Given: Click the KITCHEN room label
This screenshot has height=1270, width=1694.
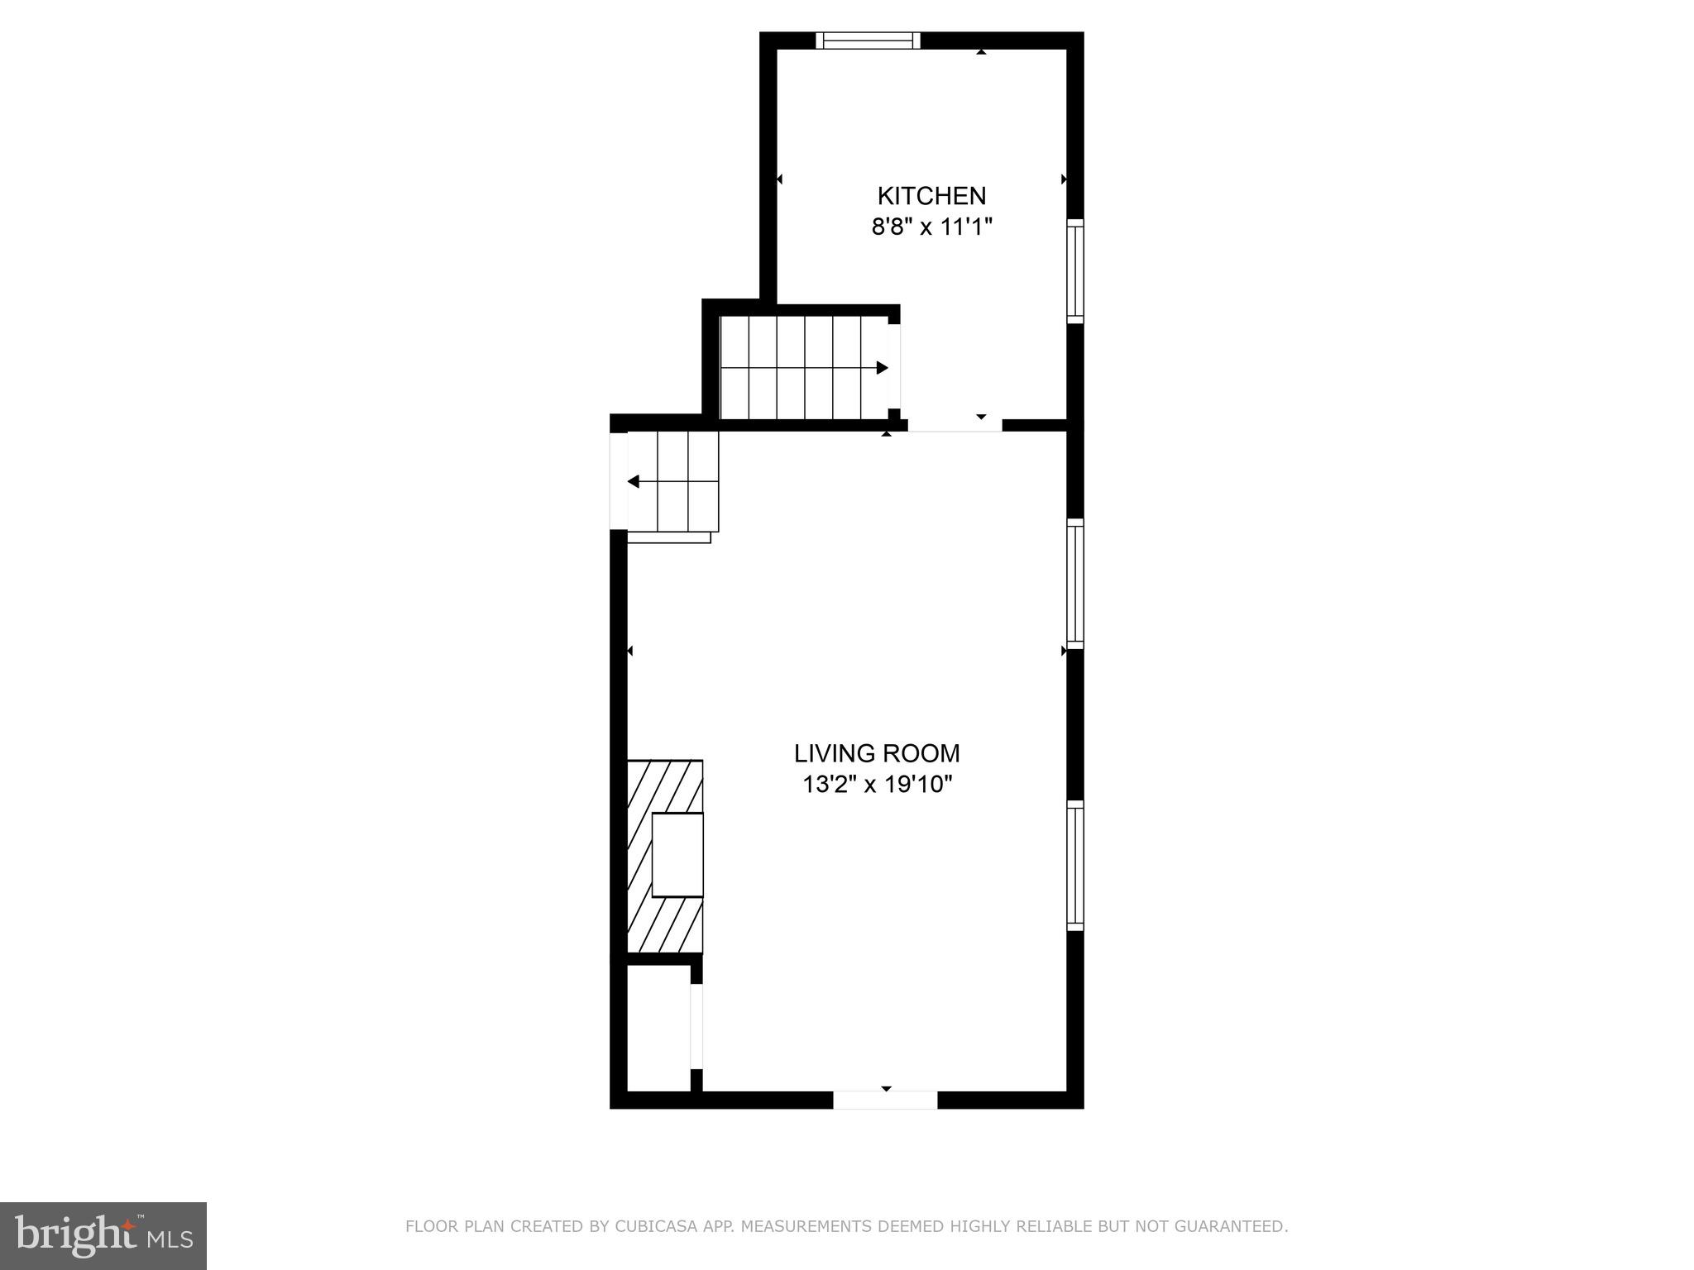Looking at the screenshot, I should pyautogui.click(x=931, y=196).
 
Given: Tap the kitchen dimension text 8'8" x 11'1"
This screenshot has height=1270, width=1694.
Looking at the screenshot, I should pyautogui.click(x=931, y=227).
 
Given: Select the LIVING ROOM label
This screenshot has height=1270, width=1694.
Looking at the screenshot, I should pyautogui.click(x=877, y=753).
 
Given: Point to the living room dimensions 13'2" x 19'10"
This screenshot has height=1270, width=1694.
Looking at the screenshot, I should pyautogui.click(x=877, y=784).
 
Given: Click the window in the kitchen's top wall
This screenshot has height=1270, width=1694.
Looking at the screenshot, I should pyautogui.click(x=868, y=41).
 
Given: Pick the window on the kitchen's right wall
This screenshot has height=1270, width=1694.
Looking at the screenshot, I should pyautogui.click(x=1075, y=270).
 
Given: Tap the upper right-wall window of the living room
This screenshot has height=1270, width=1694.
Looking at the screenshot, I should pyautogui.click(x=1075, y=584).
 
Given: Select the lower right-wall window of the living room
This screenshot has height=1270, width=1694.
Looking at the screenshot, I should pyautogui.click(x=1075, y=865).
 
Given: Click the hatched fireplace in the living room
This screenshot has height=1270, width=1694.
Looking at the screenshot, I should pyautogui.click(x=665, y=856).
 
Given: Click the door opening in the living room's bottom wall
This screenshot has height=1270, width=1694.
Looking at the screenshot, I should pyautogui.click(x=885, y=1100).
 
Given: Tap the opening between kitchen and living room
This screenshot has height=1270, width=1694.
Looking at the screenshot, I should pyautogui.click(x=955, y=425).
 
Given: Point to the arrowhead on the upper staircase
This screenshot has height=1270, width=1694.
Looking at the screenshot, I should pyautogui.click(x=882, y=368).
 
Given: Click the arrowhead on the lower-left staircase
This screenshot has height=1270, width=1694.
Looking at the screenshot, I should pyautogui.click(x=634, y=481).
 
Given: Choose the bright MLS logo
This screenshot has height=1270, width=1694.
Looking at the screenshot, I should pyautogui.click(x=103, y=1235).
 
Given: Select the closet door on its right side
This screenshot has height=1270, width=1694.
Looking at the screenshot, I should pyautogui.click(x=696, y=1026).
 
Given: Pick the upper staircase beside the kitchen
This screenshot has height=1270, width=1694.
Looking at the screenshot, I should pyautogui.click(x=802, y=368).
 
